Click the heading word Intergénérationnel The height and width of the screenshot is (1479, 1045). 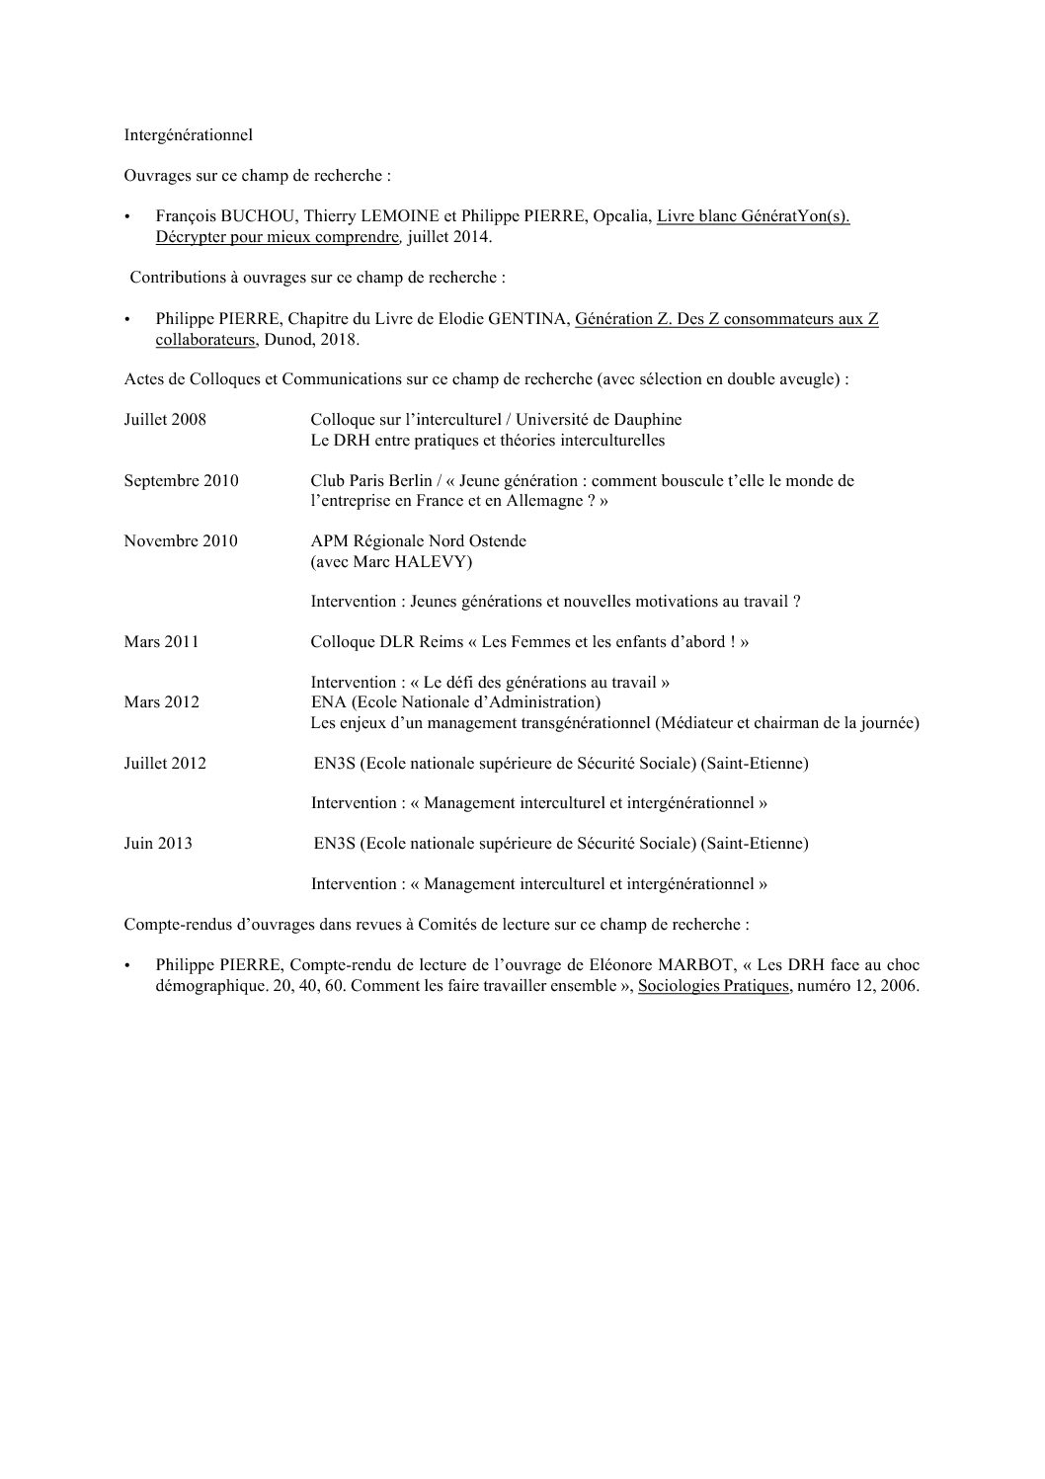188,134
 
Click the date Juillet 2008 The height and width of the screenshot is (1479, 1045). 165,419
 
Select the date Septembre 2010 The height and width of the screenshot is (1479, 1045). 181,481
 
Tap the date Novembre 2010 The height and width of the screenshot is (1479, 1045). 180,540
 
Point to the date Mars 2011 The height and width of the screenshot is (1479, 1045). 161,641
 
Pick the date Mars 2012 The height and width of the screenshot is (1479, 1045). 161,702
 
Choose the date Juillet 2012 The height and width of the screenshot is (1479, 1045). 165,763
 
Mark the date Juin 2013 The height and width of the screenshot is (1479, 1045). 158,843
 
